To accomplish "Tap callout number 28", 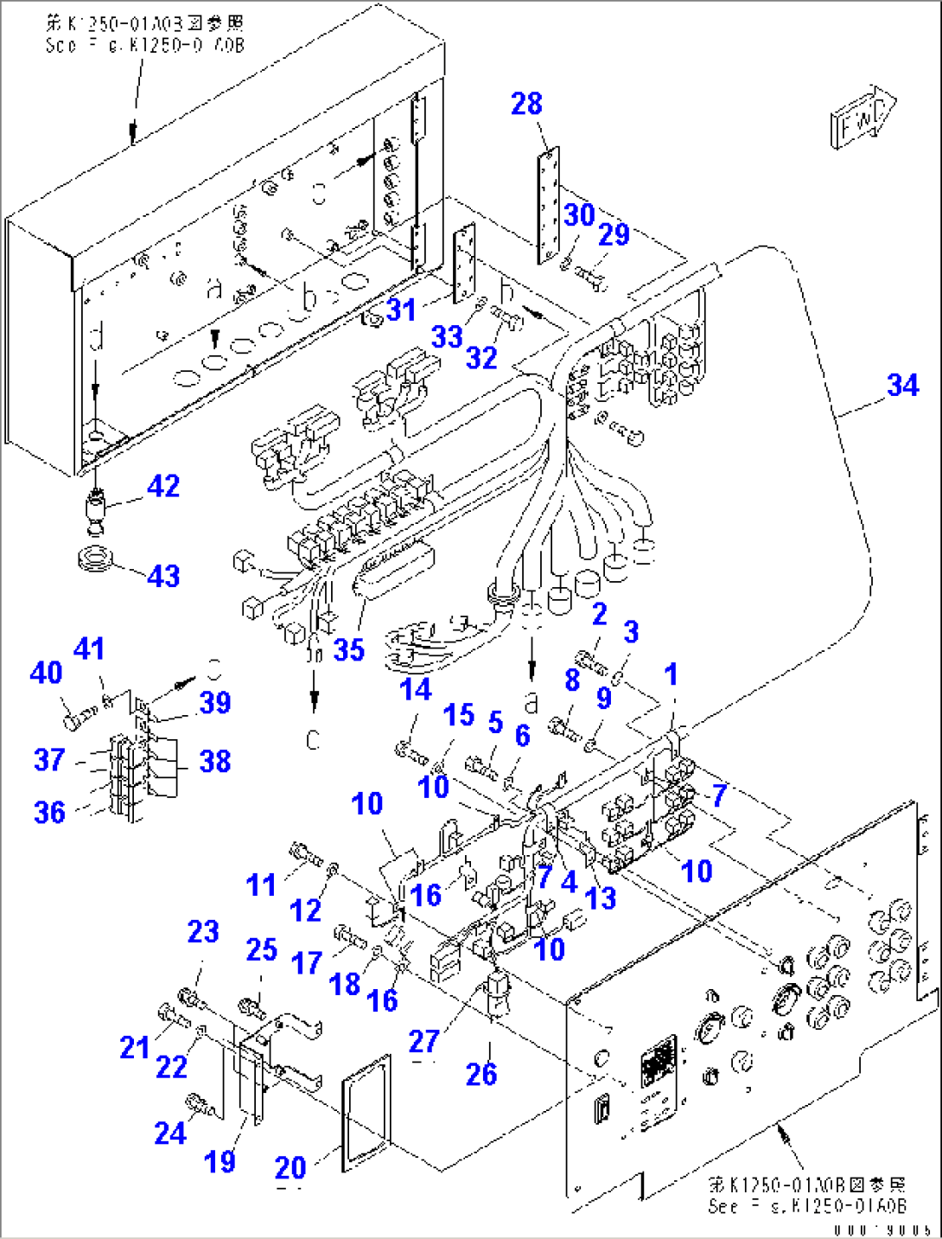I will click(x=526, y=104).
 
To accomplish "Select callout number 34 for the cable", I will click(x=902, y=385).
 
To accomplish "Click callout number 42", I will click(x=163, y=486).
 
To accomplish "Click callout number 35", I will click(x=349, y=649).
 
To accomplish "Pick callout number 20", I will click(x=290, y=1168).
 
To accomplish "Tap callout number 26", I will click(x=481, y=1074).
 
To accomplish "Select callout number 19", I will click(x=220, y=1161).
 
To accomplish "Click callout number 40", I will click(x=46, y=672).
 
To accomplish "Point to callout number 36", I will click(x=49, y=812).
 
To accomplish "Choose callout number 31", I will click(x=401, y=310).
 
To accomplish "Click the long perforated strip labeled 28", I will click(x=548, y=206).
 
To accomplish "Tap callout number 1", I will click(x=671, y=674).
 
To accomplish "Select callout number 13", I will click(x=601, y=897).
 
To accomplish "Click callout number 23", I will click(x=203, y=931).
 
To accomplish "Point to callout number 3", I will click(x=631, y=631).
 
